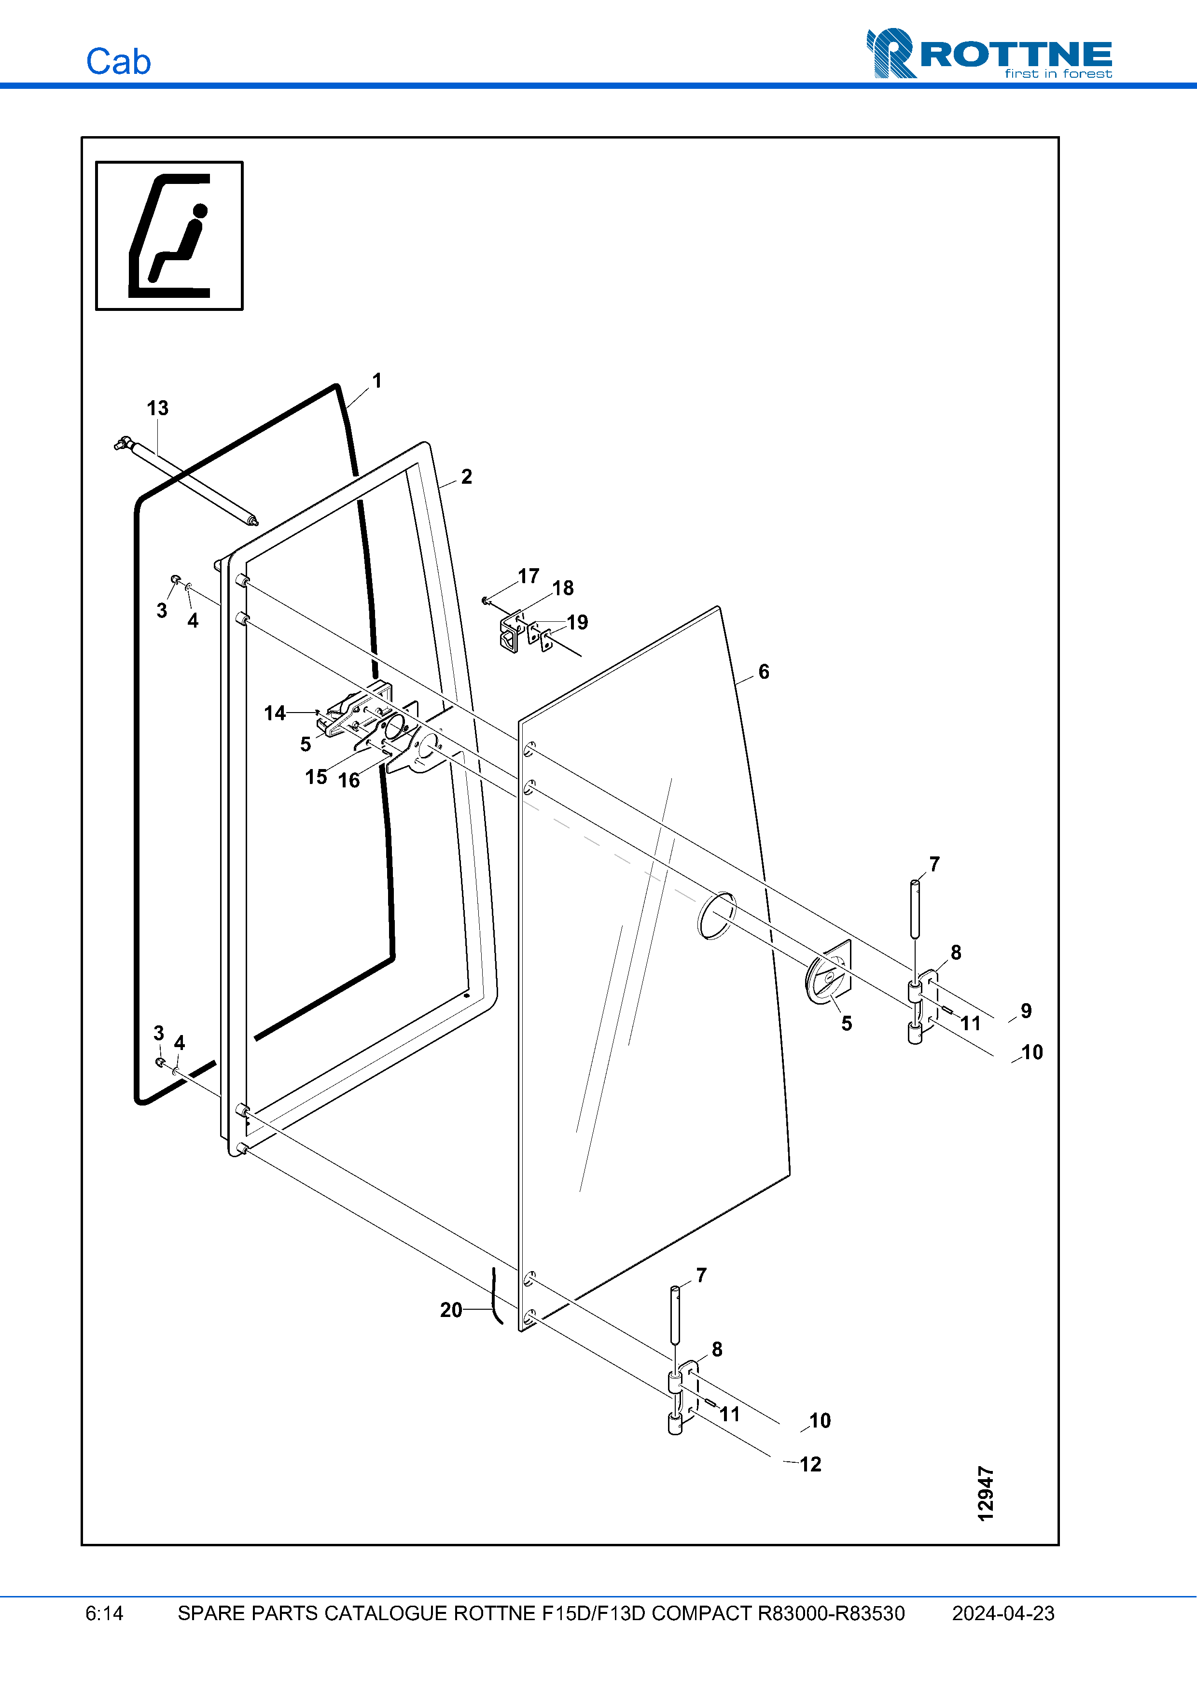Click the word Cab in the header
tap(118, 62)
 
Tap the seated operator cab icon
tap(169, 236)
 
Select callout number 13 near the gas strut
tap(157, 408)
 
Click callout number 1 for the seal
tap(377, 381)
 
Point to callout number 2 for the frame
tap(466, 476)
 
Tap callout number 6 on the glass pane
tap(764, 672)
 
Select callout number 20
tap(451, 1310)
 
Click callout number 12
tap(810, 1464)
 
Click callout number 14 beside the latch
tap(274, 713)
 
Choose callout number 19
tap(577, 622)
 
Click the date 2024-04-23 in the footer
tap(1002, 1613)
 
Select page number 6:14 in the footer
tap(104, 1613)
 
